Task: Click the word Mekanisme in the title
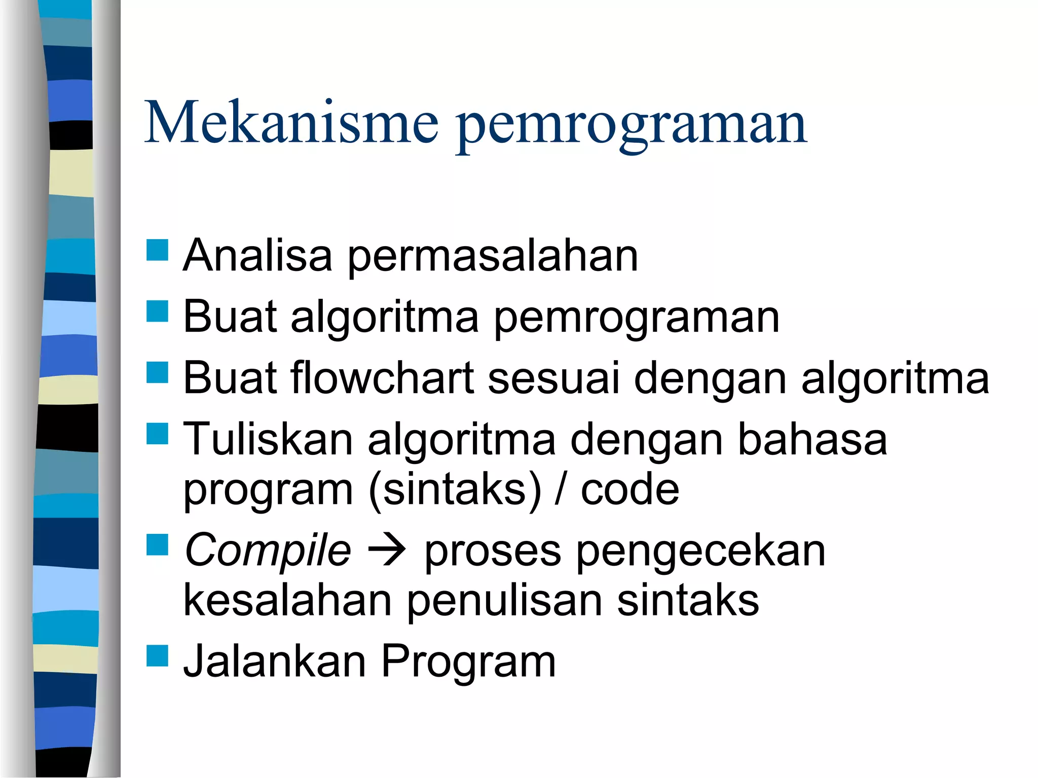291,123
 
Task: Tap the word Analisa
257,256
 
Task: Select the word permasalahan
493,258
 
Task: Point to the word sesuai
553,379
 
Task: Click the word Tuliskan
268,439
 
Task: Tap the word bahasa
812,439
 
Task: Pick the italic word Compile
268,551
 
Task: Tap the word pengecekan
701,553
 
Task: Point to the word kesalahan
287,601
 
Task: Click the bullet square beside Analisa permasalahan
157,250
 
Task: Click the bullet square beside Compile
157,545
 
